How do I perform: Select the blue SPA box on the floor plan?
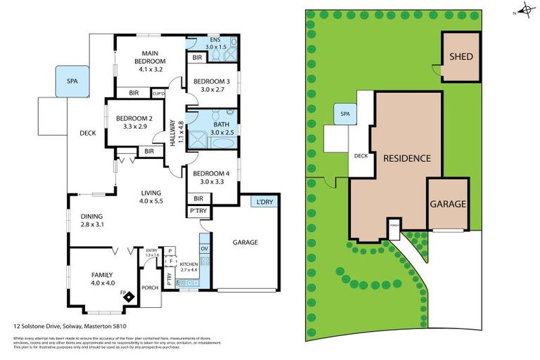point(72,82)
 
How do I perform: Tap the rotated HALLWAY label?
point(176,134)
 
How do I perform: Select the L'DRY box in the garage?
point(265,202)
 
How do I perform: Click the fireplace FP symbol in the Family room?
point(129,296)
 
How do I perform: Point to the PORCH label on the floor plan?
point(150,288)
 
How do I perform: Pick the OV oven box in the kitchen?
point(205,250)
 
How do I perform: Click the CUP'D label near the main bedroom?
point(158,94)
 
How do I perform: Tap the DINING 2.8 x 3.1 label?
point(91,221)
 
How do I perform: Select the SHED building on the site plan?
point(461,57)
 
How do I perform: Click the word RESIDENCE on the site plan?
point(406,158)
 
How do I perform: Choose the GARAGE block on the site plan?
point(448,204)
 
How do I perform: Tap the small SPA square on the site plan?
point(345,114)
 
